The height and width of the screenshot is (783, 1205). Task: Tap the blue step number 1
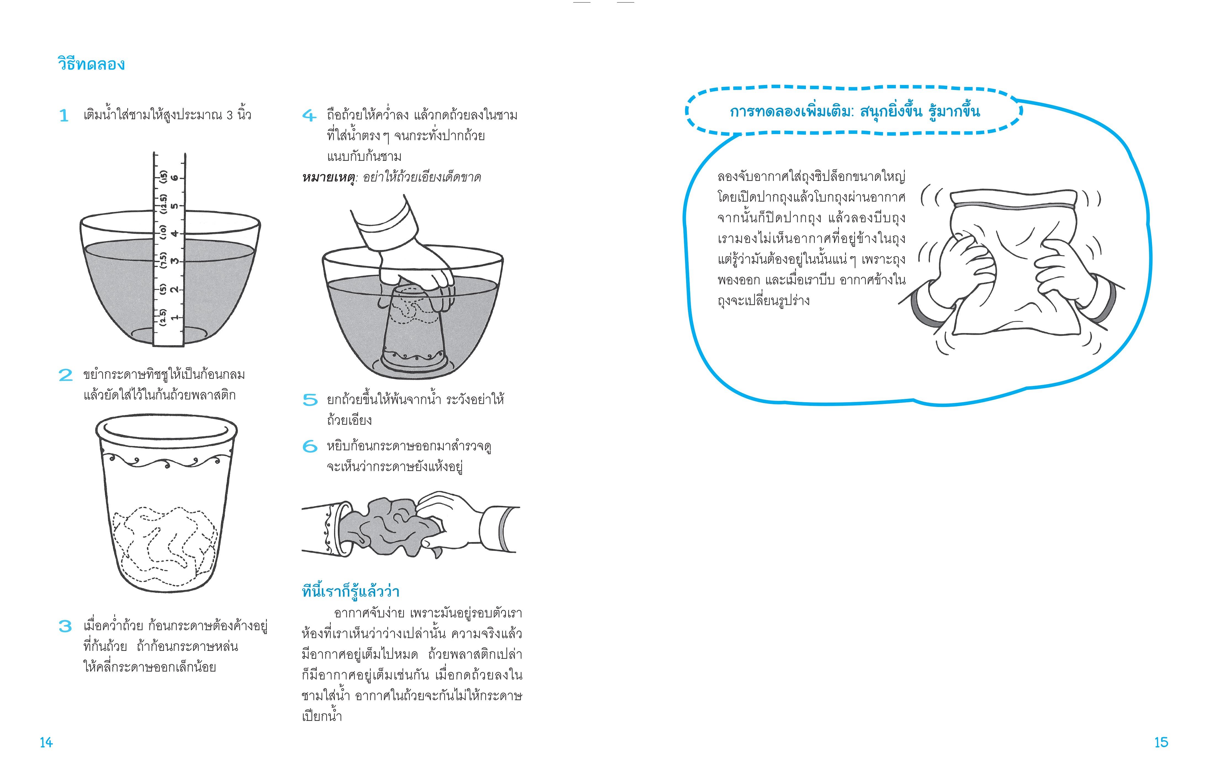[64, 116]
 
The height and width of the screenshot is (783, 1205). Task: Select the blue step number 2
[65, 375]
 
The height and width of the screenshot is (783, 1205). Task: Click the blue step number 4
[309, 116]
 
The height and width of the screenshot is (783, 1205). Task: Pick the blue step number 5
[310, 400]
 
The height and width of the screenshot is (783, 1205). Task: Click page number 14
[46, 742]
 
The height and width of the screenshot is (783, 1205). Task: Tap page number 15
[1161, 742]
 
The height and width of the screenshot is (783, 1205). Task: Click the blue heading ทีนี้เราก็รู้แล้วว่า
[350, 591]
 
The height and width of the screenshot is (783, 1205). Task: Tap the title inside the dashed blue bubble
[855, 111]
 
